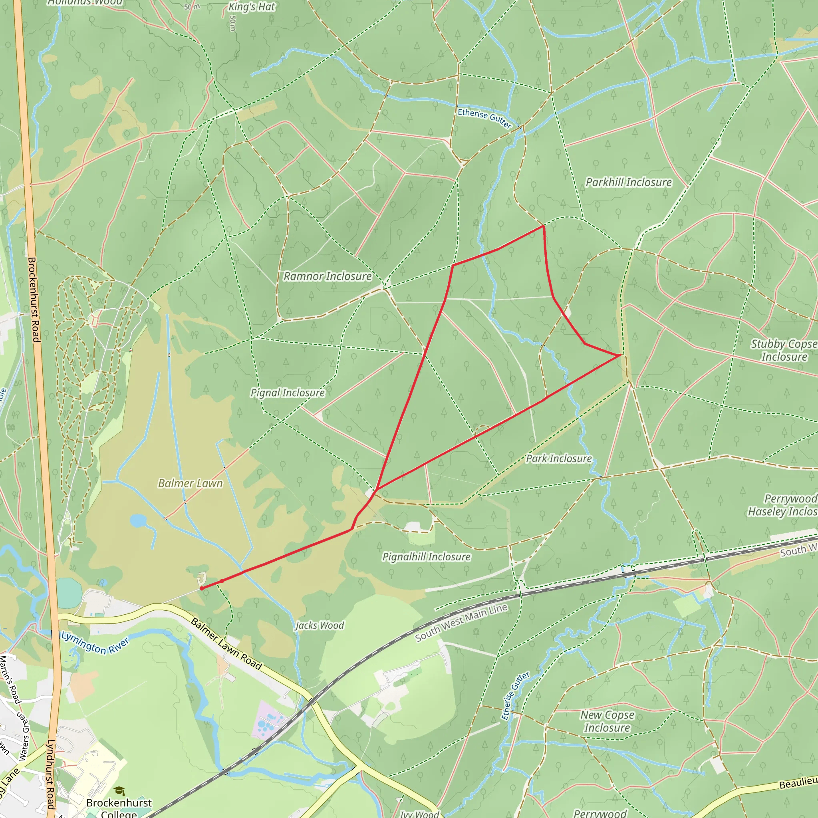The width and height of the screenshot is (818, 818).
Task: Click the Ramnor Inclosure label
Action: click(x=327, y=276)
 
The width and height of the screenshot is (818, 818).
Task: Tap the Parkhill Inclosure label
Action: click(x=628, y=183)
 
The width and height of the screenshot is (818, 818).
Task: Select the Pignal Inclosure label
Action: click(x=288, y=393)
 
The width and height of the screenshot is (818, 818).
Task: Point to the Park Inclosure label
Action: click(x=558, y=459)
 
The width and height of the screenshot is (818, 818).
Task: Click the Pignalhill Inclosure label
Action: click(x=426, y=557)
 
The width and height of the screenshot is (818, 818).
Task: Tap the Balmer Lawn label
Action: click(x=190, y=484)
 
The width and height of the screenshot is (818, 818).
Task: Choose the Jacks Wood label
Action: click(x=320, y=625)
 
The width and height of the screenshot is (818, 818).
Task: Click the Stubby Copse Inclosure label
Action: click(x=784, y=350)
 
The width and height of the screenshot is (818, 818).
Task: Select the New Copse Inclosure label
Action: click(x=607, y=721)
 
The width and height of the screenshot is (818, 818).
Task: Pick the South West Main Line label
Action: click(x=461, y=622)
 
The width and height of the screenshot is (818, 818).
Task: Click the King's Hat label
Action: click(x=252, y=7)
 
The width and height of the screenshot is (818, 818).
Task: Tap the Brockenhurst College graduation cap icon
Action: click(x=119, y=790)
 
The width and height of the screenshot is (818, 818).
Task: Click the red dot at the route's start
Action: click(x=202, y=588)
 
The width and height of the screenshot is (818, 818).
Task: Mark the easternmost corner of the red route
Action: click(x=621, y=355)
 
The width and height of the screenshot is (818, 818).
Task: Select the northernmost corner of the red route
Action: click(x=544, y=226)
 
